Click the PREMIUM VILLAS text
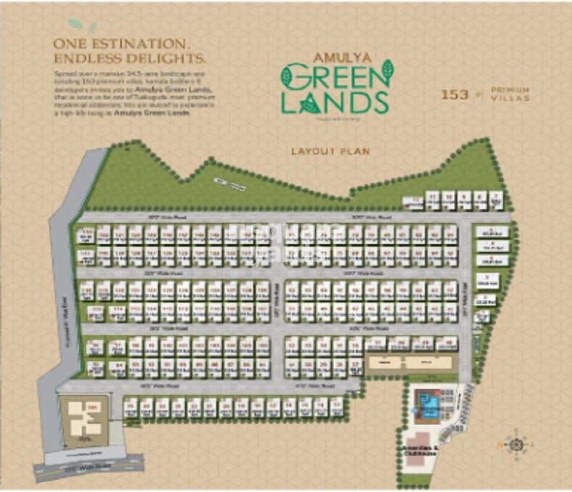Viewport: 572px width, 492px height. coord(510,93)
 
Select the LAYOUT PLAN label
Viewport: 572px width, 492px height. coord(330,152)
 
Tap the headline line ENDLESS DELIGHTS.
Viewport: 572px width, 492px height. coord(130,57)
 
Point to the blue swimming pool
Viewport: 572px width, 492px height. coord(426,402)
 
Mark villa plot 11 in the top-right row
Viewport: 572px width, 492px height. coord(433,198)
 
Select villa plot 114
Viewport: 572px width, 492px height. coord(116,311)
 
